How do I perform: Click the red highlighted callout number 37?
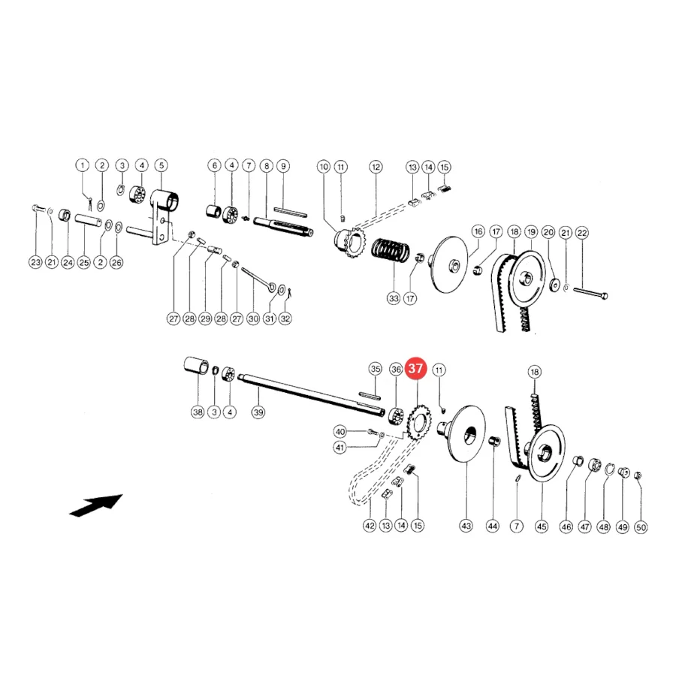click(415, 369)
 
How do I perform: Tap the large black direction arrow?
click(96, 505)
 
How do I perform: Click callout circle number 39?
click(258, 412)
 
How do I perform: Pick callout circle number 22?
click(582, 234)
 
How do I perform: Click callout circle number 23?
click(35, 262)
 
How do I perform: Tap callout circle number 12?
click(376, 167)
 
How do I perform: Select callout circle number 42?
click(370, 526)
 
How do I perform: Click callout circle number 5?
click(161, 165)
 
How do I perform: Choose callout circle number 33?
click(394, 298)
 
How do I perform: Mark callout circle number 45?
click(542, 527)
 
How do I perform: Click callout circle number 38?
click(198, 412)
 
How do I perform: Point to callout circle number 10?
click(324, 167)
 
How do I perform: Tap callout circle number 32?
click(285, 318)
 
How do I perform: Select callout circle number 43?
click(466, 526)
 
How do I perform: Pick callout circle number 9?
click(283, 166)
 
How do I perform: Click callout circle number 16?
click(478, 231)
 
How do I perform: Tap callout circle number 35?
click(376, 369)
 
